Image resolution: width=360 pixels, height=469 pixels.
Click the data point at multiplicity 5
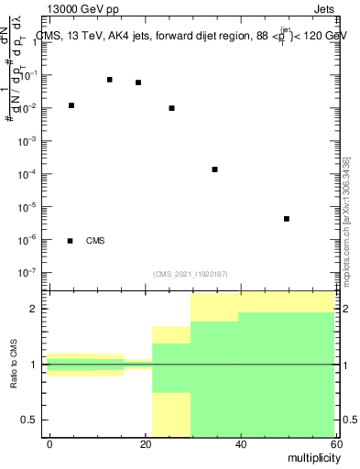(x=71, y=105)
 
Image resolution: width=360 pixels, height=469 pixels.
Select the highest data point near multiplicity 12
(x=110, y=80)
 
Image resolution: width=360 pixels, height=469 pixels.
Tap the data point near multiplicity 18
(x=138, y=82)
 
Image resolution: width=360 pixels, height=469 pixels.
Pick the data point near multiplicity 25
(x=171, y=108)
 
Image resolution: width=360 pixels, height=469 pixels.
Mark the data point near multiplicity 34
(x=214, y=169)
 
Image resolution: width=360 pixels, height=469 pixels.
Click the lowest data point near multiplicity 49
(x=287, y=219)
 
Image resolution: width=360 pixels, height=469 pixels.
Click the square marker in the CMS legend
(x=71, y=241)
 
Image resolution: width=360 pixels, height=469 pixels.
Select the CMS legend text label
(x=95, y=241)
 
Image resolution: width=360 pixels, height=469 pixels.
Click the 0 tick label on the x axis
(x=48, y=444)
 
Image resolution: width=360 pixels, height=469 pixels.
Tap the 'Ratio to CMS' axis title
(x=14, y=364)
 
